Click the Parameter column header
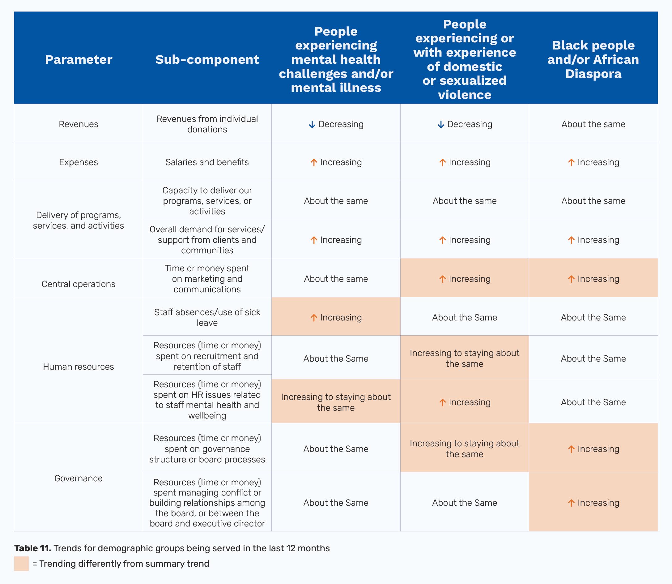(79, 60)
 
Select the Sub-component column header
(207, 60)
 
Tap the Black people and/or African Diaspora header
(593, 60)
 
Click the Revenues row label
(79, 124)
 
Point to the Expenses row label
(79, 162)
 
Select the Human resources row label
(79, 367)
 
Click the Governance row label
(79, 478)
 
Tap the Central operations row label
(79, 284)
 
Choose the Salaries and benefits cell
(207, 162)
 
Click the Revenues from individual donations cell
(207, 124)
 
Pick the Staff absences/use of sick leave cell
(207, 317)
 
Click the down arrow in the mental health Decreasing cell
(312, 124)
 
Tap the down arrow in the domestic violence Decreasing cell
(440, 124)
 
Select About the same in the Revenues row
(593, 124)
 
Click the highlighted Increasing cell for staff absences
(336, 317)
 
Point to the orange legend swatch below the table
(21, 564)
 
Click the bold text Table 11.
(32, 548)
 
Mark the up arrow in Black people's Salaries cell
(571, 162)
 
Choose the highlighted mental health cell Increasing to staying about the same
(336, 402)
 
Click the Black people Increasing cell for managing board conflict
(593, 503)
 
